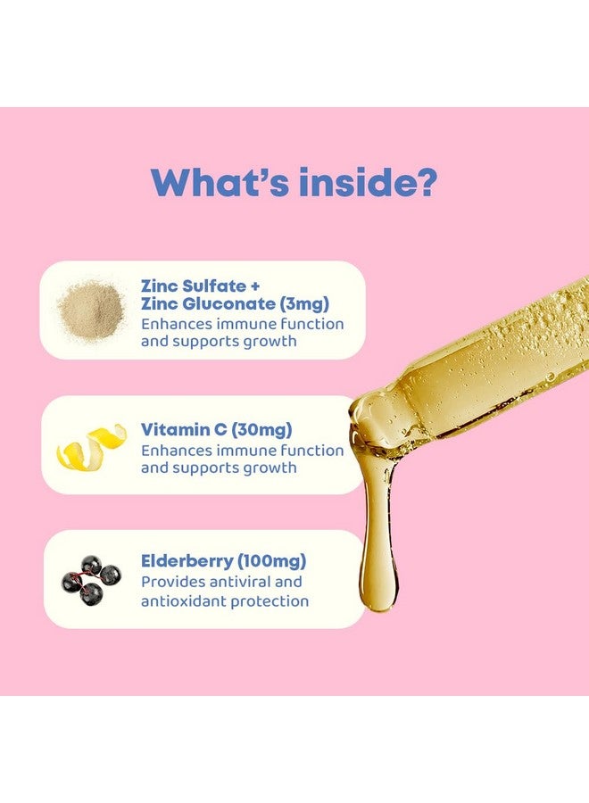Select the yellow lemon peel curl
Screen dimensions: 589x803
[x=92, y=445]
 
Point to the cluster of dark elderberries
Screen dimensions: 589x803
[x=91, y=580]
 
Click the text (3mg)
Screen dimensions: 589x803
[x=304, y=304]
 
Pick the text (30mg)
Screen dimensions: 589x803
[x=261, y=430]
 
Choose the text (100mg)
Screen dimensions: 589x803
[x=271, y=561]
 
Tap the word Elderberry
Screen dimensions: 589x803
[x=187, y=561]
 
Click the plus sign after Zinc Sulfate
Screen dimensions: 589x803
[x=255, y=286]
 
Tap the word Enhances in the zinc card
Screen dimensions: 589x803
[x=177, y=324]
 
